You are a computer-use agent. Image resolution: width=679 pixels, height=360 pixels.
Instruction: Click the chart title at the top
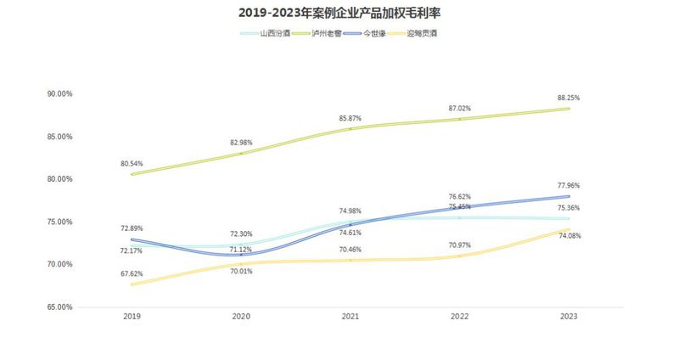click(339, 14)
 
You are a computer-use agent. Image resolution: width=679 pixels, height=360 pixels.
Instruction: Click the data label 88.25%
click(569, 98)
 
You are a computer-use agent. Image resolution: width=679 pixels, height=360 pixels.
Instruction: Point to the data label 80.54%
click(132, 163)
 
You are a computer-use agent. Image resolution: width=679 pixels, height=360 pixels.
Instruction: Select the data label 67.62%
click(132, 274)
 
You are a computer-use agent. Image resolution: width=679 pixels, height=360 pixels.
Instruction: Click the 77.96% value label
click(569, 185)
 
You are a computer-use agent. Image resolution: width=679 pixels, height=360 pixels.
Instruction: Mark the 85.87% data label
click(351, 118)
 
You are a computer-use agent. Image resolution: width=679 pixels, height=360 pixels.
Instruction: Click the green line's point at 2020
click(241, 154)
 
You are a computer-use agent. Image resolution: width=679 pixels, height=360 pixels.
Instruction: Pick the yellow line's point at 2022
click(459, 256)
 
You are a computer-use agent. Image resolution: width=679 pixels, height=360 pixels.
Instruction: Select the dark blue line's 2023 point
click(569, 196)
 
